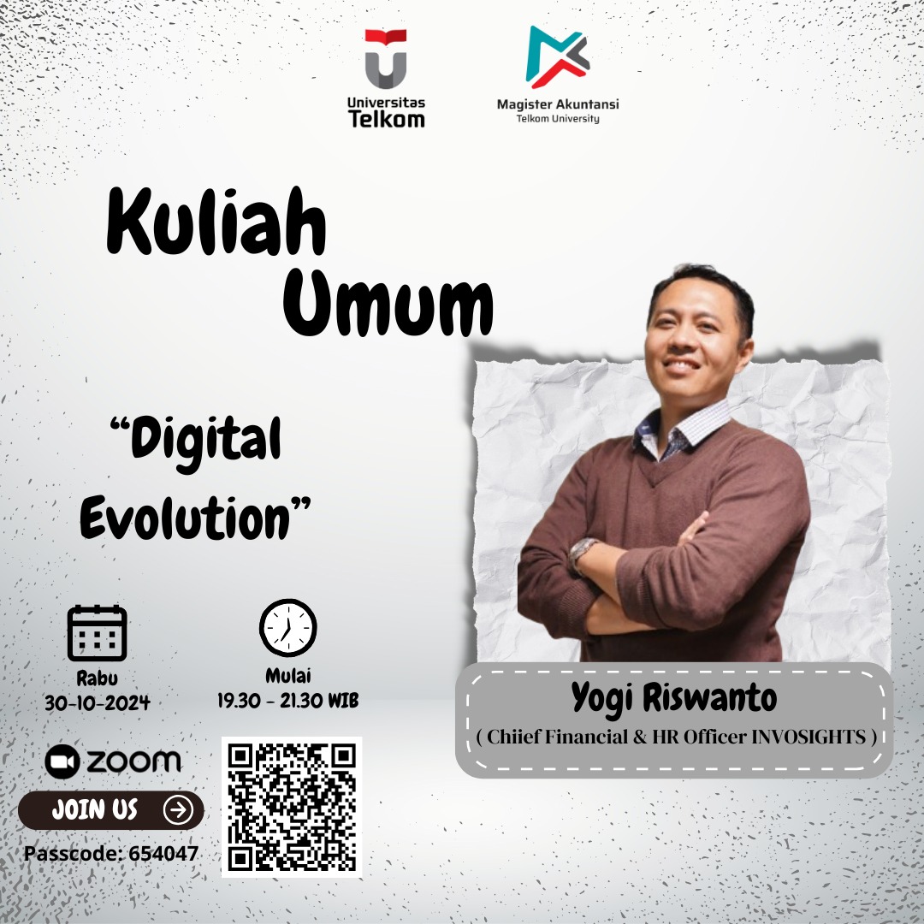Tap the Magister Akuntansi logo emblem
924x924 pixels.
557,56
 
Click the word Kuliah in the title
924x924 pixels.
216,225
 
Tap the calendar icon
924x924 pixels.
97,633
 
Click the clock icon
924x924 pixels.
287,627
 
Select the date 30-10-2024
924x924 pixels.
98,703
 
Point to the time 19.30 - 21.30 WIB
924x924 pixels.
287,701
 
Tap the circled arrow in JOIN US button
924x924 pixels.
177,809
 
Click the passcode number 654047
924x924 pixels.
163,853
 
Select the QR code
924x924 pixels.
292,806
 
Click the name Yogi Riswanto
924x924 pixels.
674,699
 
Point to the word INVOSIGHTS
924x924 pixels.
808,736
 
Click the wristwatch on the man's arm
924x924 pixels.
583,553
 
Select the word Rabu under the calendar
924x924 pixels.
98,678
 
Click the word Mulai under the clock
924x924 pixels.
287,676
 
